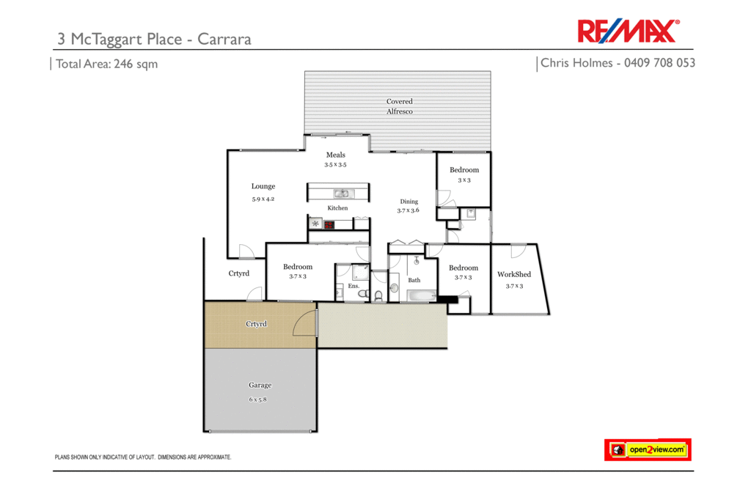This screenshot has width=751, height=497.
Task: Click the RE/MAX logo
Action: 629,32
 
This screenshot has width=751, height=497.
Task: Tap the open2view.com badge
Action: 648,449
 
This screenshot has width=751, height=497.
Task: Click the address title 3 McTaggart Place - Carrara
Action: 154,39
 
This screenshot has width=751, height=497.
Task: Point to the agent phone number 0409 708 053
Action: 659,63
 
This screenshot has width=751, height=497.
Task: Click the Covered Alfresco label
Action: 400,106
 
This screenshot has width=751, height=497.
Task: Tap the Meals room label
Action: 336,155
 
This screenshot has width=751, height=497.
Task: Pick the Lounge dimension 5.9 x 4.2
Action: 263,199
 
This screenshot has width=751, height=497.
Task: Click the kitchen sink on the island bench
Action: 342,194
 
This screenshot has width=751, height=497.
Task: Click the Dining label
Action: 409,202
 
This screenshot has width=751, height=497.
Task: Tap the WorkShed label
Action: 513,275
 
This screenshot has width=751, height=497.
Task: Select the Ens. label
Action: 353,286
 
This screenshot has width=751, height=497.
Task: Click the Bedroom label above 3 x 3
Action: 464,170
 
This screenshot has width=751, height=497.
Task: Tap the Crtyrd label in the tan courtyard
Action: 256,323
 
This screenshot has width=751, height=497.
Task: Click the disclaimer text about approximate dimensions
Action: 143,457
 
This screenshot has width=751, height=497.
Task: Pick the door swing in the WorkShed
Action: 518,250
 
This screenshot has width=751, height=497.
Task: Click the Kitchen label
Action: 337,208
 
